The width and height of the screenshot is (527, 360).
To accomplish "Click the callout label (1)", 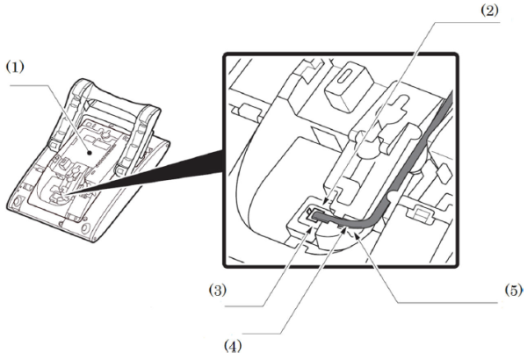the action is coord(16,67).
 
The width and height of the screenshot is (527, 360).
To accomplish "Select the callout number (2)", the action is coord(489,11).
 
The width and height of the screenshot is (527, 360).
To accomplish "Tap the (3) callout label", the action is coord(218,290).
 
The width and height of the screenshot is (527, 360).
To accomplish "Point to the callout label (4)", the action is coord(233,346).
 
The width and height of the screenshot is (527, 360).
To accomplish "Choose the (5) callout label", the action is coord(514,290).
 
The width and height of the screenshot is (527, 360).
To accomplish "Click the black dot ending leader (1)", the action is coord(90,153).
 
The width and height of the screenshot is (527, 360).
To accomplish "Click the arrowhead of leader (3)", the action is coord(311,229).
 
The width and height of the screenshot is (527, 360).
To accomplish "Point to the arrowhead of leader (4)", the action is coord(343,229).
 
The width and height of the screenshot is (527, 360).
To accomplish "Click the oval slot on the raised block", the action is coord(345,77).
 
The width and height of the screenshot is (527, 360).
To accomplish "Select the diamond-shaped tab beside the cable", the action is coord(443,174).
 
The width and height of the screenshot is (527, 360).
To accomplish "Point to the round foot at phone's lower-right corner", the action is coord(86,228).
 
